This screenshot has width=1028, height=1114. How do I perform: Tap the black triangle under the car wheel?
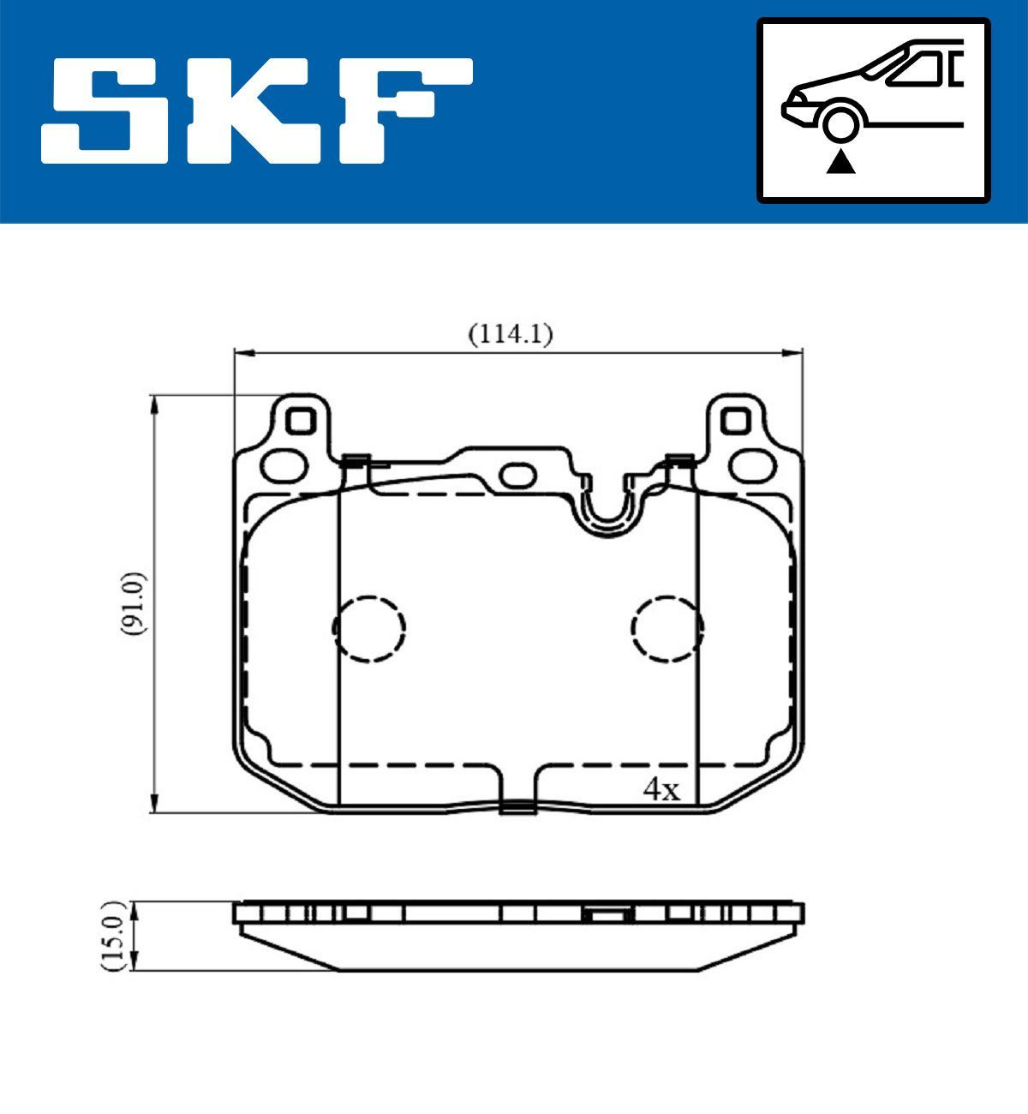click(x=840, y=161)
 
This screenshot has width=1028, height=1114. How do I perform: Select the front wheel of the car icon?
click(x=840, y=123)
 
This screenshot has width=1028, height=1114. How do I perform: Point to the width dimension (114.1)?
click(x=510, y=333)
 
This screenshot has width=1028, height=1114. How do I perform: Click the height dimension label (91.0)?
click(x=134, y=603)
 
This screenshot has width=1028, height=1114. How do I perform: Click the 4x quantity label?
click(x=660, y=789)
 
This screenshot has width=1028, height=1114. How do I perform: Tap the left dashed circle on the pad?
click(x=368, y=628)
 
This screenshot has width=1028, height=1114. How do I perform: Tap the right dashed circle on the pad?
click(x=667, y=628)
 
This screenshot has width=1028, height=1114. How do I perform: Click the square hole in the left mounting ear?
click(x=299, y=421)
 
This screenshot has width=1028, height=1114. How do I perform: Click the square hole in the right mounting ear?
click(x=735, y=421)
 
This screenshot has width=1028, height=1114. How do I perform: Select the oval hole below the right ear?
click(x=751, y=466)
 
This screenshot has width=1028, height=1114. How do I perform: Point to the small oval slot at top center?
click(x=517, y=474)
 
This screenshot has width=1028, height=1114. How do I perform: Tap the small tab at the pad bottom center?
click(x=517, y=806)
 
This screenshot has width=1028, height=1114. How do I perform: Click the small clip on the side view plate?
click(x=607, y=914)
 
